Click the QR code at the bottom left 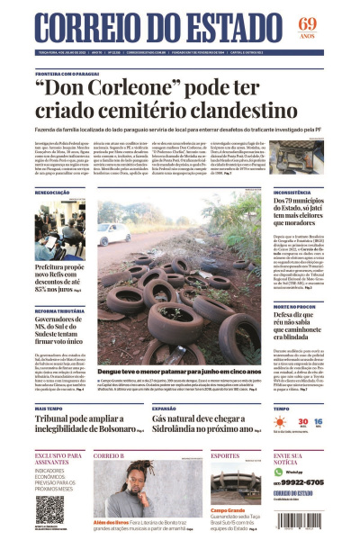coord(48,509)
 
